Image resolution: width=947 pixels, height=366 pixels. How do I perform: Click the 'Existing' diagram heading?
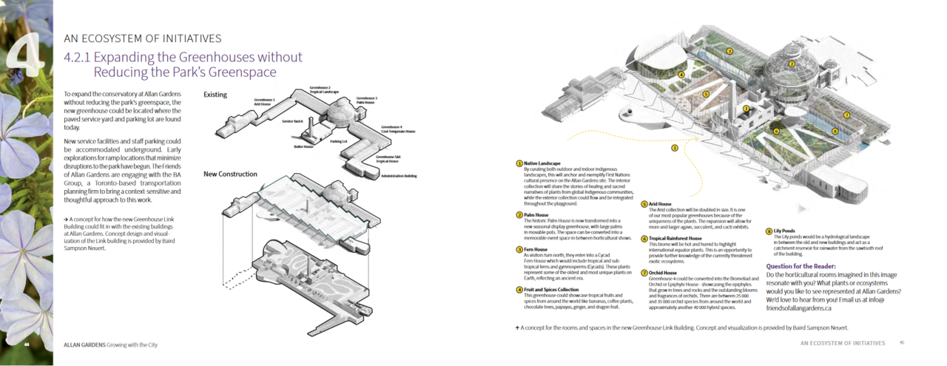click(x=215, y=95)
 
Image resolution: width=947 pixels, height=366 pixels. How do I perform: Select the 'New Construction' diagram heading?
click(x=230, y=174)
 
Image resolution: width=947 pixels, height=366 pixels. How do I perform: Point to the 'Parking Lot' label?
click(x=340, y=140)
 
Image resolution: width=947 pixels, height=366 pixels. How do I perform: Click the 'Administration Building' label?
click(x=399, y=176)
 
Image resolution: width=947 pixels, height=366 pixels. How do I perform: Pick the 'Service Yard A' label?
click(x=293, y=121)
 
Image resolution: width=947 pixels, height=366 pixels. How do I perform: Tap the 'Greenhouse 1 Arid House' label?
click(x=264, y=101)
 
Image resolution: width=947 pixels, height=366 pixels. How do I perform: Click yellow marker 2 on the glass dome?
click(x=791, y=64)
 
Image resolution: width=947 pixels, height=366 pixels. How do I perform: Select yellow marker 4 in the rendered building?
click(x=681, y=75)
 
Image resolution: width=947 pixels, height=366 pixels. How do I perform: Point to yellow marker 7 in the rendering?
click(x=846, y=115)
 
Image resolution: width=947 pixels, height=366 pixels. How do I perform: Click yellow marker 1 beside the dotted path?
click(x=675, y=148)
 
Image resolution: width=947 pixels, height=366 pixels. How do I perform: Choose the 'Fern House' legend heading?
click(x=536, y=250)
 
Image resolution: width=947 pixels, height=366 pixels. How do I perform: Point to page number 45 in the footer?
click(x=902, y=343)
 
